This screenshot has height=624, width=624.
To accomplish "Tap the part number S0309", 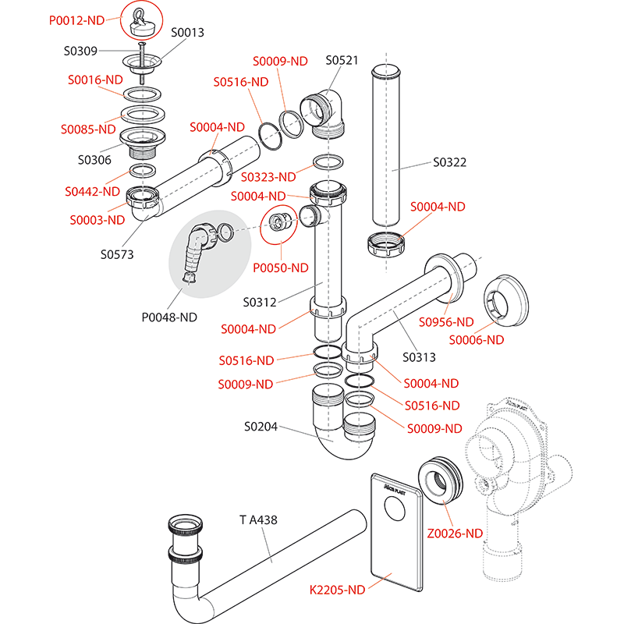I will coord(80,51).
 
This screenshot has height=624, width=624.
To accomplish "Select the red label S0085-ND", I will coord(88,129).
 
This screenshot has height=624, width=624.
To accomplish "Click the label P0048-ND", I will coord(169,317).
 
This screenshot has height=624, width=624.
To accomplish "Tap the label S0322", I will coord(450,163).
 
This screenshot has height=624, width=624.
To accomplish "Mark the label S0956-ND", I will coord(446,321).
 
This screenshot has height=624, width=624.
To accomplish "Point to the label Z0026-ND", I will coord(456,534).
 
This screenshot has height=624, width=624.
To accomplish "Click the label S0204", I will coord(261,427).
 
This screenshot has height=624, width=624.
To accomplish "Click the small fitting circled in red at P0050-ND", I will coord(279,222).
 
